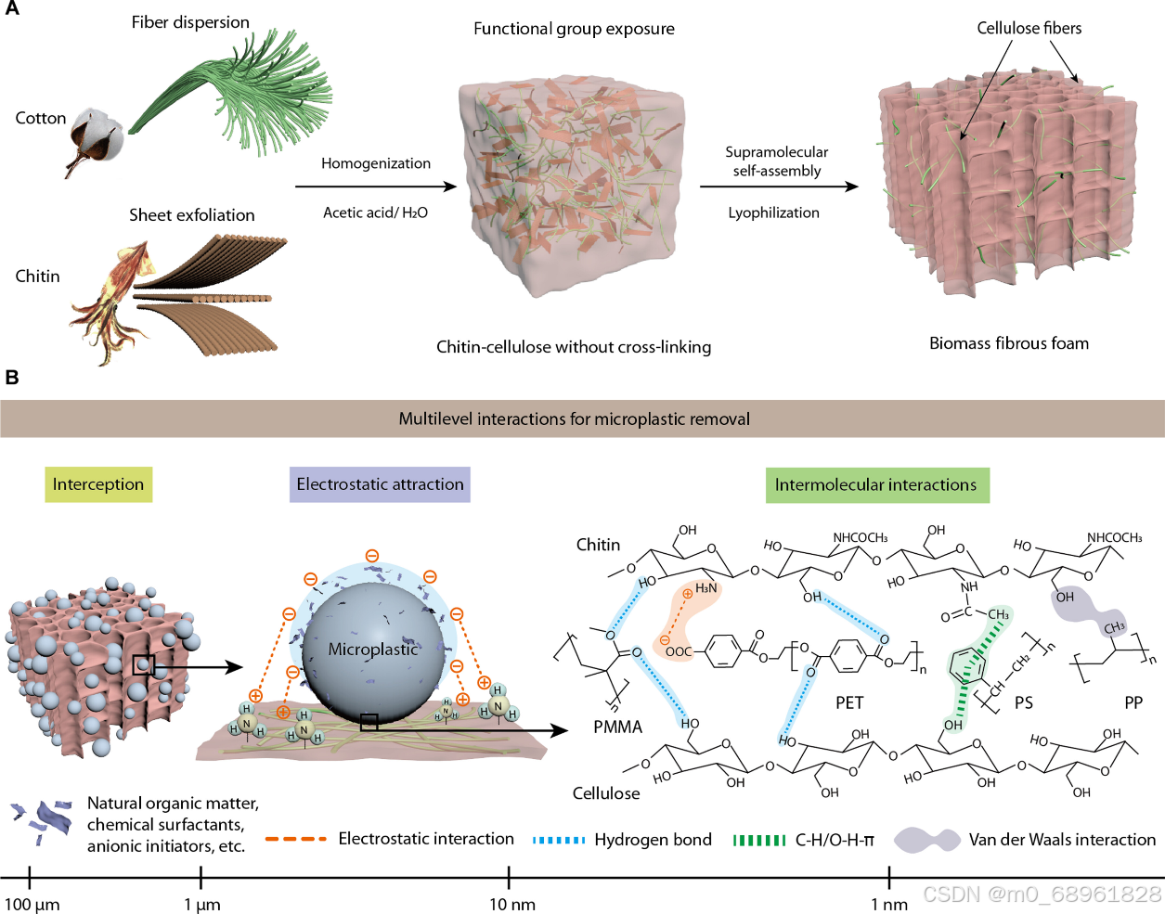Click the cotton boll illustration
coord(97,139)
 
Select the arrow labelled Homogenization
coord(376,187)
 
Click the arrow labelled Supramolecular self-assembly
coord(779,187)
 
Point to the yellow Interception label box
coord(98,484)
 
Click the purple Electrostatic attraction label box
coord(380,484)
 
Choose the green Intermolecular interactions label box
coord(875,484)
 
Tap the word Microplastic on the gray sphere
coord(373,649)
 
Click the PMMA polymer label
coord(617,727)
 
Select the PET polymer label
coord(849,702)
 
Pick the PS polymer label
coord(1024,702)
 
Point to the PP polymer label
coord(1133,702)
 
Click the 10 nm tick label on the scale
coord(512,905)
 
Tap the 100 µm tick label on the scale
coord(32,905)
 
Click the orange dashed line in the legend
coord(296,839)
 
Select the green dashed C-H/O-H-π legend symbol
coord(759,840)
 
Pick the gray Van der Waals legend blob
coord(926,840)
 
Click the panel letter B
coord(12,377)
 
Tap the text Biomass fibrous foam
coord(1009,343)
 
